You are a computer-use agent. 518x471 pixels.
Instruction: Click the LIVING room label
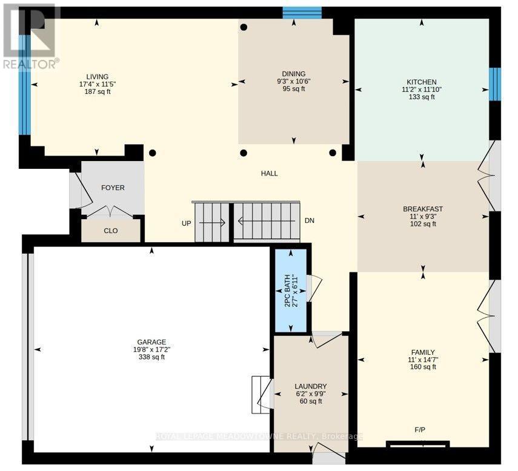tap(98, 76)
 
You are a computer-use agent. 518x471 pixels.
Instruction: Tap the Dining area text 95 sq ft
tap(294, 89)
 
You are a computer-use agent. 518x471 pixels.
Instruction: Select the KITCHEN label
tap(422, 82)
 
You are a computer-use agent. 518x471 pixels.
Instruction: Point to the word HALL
tap(269, 173)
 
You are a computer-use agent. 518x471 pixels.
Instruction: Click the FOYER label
tap(113, 188)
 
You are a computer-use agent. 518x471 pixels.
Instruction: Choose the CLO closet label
tap(111, 231)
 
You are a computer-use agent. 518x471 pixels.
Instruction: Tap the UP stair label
tap(187, 223)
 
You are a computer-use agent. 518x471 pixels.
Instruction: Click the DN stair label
tap(310, 220)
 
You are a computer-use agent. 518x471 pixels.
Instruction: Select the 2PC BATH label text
tap(287, 291)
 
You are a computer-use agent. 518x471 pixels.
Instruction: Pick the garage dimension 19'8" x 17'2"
tap(151, 349)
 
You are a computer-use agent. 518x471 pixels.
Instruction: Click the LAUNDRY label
tap(311, 386)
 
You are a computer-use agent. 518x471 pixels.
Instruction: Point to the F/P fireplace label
tap(420, 430)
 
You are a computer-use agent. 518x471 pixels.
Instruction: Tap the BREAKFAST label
tap(423, 209)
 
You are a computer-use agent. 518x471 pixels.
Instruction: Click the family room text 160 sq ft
tap(423, 367)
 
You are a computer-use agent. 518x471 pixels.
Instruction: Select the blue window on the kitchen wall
tap(495, 84)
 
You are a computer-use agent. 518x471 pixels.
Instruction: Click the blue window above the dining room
tap(302, 13)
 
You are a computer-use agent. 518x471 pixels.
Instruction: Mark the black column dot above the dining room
tap(244, 27)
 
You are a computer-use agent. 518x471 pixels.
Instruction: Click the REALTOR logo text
tap(32, 64)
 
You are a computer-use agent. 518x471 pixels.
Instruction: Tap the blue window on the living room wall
tap(24, 85)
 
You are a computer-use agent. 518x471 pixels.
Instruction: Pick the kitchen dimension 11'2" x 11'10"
tap(422, 90)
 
